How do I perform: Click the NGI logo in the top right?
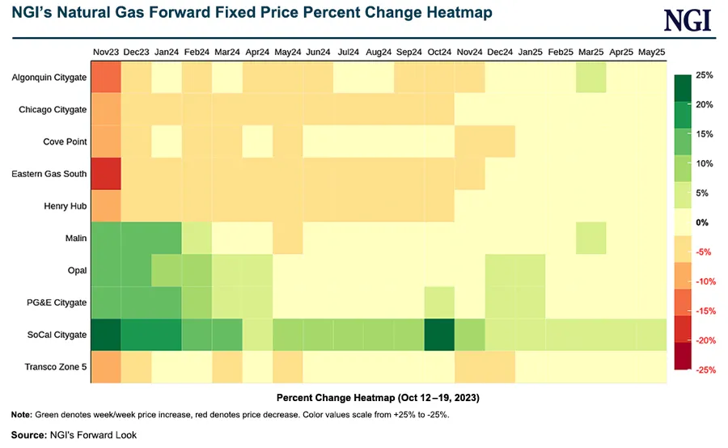tap(688, 19)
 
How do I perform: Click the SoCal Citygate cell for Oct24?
tap(439, 334)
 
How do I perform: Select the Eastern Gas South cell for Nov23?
tap(106, 173)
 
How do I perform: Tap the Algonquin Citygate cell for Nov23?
tap(106, 78)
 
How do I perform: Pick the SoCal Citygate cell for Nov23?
tap(106, 334)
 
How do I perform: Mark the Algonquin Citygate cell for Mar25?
tap(591, 78)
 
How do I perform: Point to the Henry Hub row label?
tap(64, 205)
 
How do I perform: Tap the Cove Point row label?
tap(64, 142)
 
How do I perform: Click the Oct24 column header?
tap(439, 52)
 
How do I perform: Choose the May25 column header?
tap(652, 52)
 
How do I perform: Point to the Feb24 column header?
tap(197, 52)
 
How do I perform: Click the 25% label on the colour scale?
tap(703, 75)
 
